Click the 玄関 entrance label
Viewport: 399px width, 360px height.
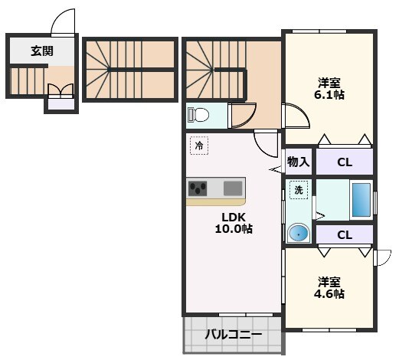pos(42,51)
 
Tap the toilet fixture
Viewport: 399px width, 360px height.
pos(198,114)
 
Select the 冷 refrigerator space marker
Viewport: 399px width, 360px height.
pos(199,146)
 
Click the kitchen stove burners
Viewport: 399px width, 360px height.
pos(198,188)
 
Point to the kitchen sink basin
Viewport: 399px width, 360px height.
pos(233,188)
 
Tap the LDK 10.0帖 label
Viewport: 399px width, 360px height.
pos(234,223)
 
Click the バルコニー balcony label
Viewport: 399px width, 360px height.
pos(234,335)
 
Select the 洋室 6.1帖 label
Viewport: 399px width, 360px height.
pos(329,88)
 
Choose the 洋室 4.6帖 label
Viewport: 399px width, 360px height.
pos(329,288)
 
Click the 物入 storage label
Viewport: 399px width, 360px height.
pos(299,162)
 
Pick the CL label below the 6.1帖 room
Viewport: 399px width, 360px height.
pos(345,162)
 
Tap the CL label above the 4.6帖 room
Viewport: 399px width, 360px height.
pos(345,235)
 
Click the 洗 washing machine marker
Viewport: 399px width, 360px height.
pos(299,190)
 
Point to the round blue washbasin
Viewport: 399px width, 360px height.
pos(299,233)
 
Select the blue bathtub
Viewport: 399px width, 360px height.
pos(361,200)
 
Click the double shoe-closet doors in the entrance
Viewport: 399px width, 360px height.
pos(61,90)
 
